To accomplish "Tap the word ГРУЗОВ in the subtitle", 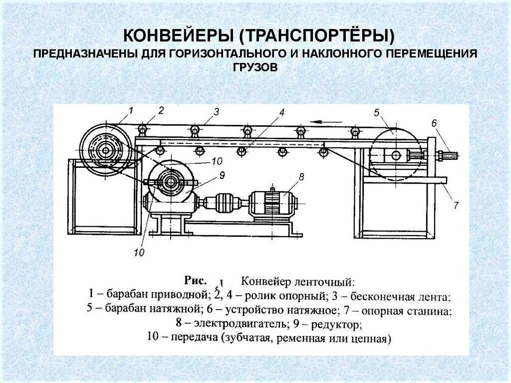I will pos(255,66).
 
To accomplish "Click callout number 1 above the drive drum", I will pos(131,110).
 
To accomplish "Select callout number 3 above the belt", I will pos(216,112).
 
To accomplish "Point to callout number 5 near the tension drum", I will pos(376,112).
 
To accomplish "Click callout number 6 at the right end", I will pos(434,123).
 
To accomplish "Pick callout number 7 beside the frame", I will pos(455,205).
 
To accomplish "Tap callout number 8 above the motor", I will pos(301,176).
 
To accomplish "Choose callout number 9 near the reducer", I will pos(222,174).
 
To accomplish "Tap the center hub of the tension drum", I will pos(396,155).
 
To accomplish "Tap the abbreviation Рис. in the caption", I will pos(196,280).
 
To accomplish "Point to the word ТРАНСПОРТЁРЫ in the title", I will pos(316,36).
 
